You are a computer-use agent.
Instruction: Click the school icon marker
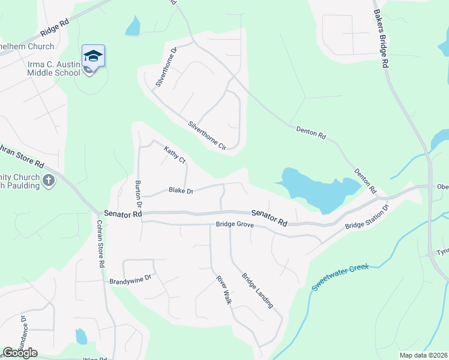[x=93, y=56]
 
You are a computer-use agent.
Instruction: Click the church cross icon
[x=49, y=179]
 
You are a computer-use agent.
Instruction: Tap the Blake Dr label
[x=181, y=191]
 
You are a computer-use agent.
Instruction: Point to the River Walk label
[x=223, y=290]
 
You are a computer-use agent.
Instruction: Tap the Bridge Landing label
[x=258, y=291]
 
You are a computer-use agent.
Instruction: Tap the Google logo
[x=20, y=353]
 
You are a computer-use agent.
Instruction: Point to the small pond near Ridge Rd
[x=133, y=26]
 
